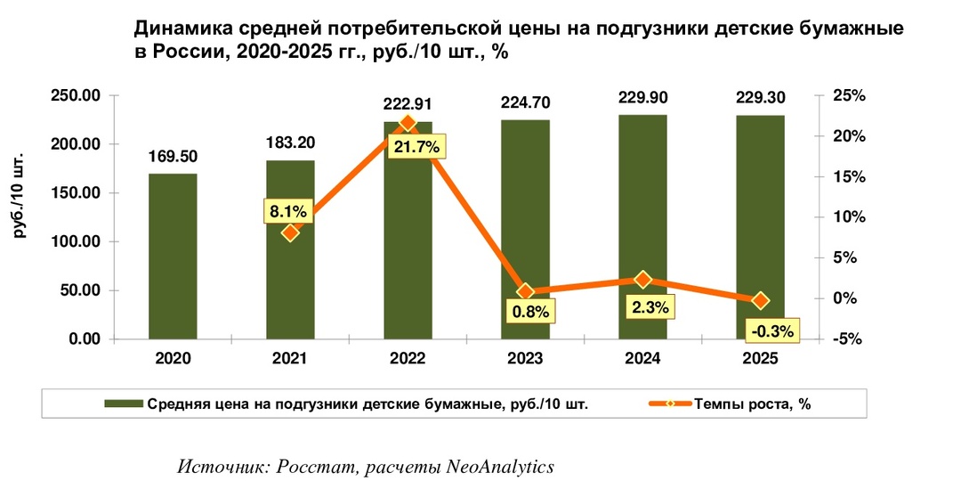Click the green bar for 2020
173,257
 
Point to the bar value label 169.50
173,156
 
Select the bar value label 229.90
642,96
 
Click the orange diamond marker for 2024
643,280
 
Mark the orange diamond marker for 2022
408,123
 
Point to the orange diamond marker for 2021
290,232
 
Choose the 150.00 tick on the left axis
75,193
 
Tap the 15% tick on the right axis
847,177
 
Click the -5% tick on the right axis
847,339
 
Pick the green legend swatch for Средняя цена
124,404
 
